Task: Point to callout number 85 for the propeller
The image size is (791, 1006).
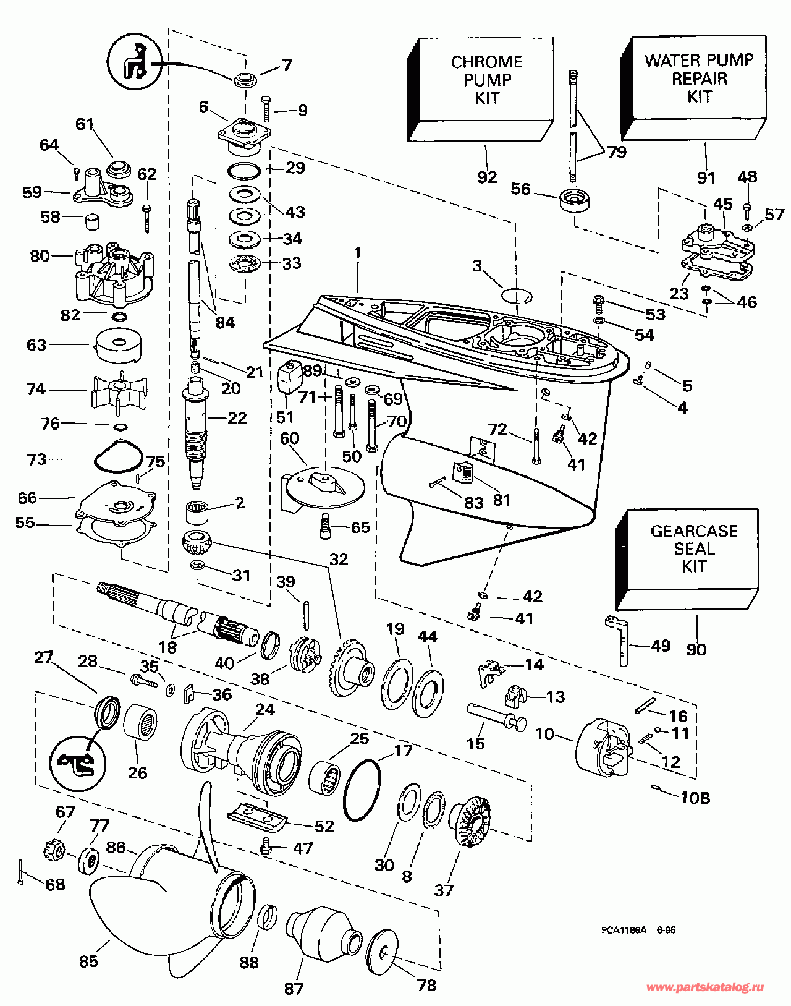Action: [88, 961]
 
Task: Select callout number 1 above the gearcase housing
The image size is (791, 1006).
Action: [357, 253]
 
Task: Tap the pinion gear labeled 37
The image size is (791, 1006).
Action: [473, 819]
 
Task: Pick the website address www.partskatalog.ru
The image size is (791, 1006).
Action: [704, 987]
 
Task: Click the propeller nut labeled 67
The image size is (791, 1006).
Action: [54, 852]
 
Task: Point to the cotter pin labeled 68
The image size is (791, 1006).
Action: [20, 872]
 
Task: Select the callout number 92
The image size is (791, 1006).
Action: [487, 177]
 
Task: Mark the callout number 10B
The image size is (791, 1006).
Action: [695, 798]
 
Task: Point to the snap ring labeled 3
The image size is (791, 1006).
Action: [516, 295]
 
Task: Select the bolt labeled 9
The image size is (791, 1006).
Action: [267, 109]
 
